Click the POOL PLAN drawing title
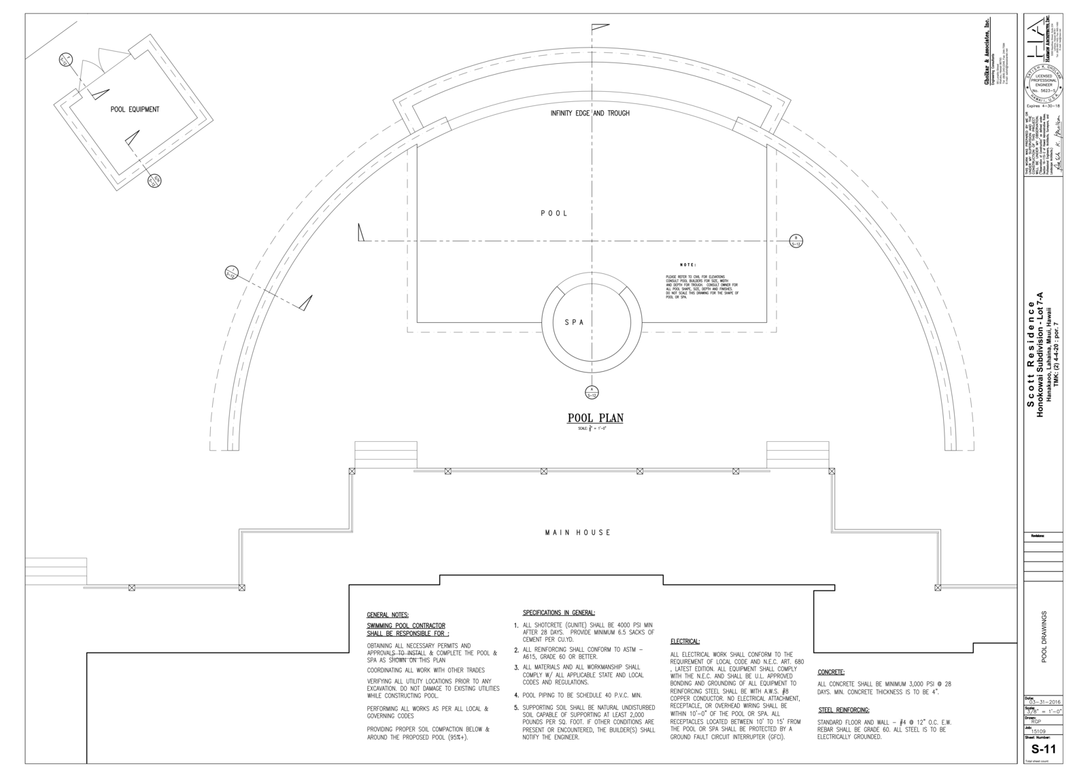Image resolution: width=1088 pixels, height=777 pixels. pyautogui.click(x=595, y=418)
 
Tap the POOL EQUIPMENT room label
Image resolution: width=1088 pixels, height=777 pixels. pyautogui.click(x=135, y=109)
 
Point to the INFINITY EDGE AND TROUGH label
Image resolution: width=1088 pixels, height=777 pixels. pyautogui.click(x=590, y=114)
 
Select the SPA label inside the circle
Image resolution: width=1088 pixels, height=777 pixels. pyautogui.click(x=574, y=323)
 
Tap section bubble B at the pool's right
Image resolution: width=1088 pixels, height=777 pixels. pyautogui.click(x=796, y=241)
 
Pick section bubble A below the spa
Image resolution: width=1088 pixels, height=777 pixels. pyautogui.click(x=591, y=392)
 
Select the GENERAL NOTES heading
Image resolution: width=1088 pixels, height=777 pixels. pyautogui.click(x=388, y=615)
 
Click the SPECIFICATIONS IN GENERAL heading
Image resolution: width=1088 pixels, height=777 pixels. pyautogui.click(x=558, y=612)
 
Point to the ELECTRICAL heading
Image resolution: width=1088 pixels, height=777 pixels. pyautogui.click(x=685, y=641)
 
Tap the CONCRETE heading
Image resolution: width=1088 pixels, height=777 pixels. pyautogui.click(x=831, y=672)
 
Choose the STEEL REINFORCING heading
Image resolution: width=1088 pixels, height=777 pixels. pyautogui.click(x=843, y=710)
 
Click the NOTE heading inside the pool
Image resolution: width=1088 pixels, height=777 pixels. pyautogui.click(x=688, y=264)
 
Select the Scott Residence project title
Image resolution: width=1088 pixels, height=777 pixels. pyautogui.click(x=1030, y=353)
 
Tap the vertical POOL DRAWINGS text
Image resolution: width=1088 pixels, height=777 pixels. pyautogui.click(x=1044, y=636)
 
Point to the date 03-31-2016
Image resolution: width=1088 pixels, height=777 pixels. pyautogui.click(x=1044, y=703)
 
